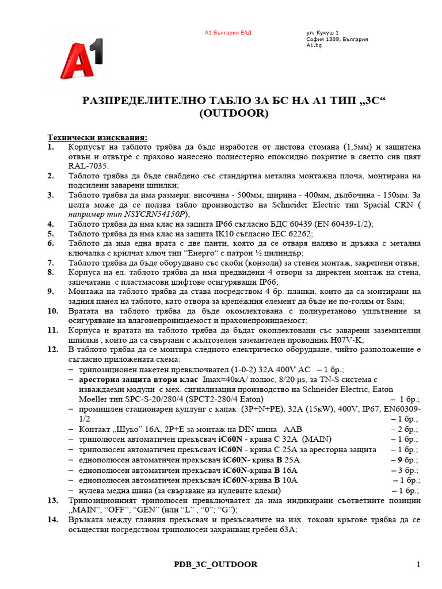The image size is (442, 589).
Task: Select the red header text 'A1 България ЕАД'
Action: tap(228, 33)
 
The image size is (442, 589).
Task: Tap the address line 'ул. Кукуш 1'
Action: tap(322, 33)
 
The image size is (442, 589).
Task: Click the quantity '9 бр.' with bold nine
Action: tap(405, 460)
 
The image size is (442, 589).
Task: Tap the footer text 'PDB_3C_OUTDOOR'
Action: tap(216, 564)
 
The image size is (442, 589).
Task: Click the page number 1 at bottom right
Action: tap(418, 564)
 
